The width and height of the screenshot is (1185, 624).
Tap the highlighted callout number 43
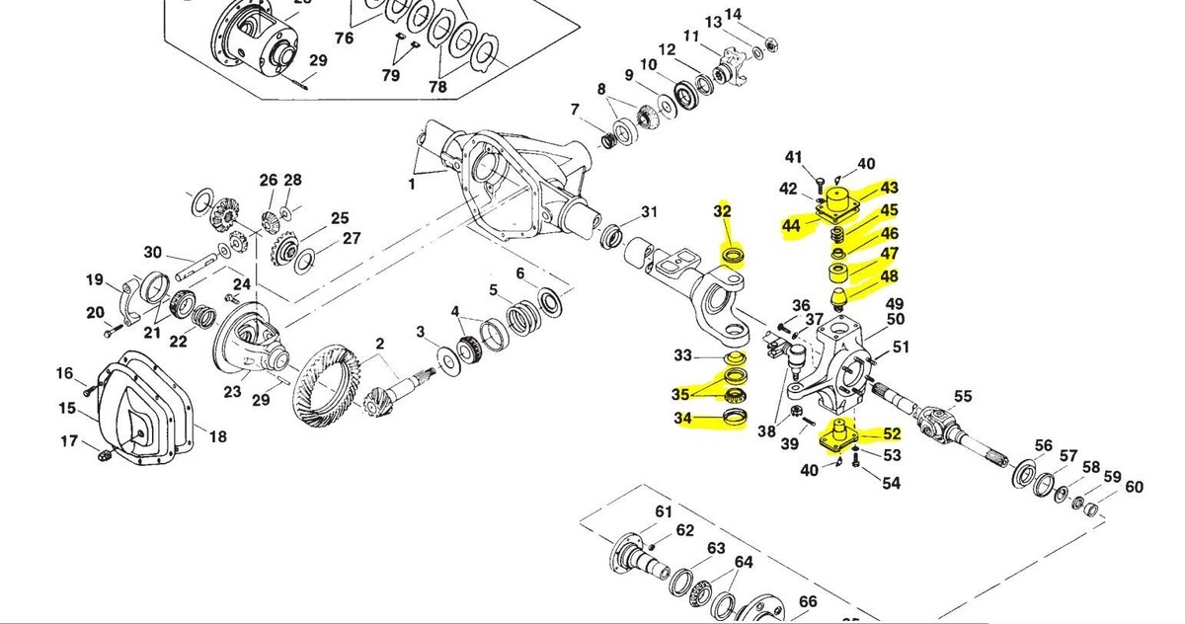[890, 188]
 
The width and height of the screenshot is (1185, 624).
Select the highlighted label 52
[892, 433]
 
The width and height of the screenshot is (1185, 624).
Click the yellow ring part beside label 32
[734, 259]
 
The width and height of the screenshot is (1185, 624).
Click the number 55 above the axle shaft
[963, 396]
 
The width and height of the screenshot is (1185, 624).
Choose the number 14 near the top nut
[760, 14]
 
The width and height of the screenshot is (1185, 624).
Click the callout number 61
[663, 511]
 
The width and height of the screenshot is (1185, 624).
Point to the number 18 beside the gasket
[217, 435]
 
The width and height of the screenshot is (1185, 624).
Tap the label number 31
[649, 212]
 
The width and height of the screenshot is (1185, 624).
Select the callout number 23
[232, 392]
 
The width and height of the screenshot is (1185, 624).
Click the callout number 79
[392, 75]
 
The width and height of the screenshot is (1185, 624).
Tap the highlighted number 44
[790, 226]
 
